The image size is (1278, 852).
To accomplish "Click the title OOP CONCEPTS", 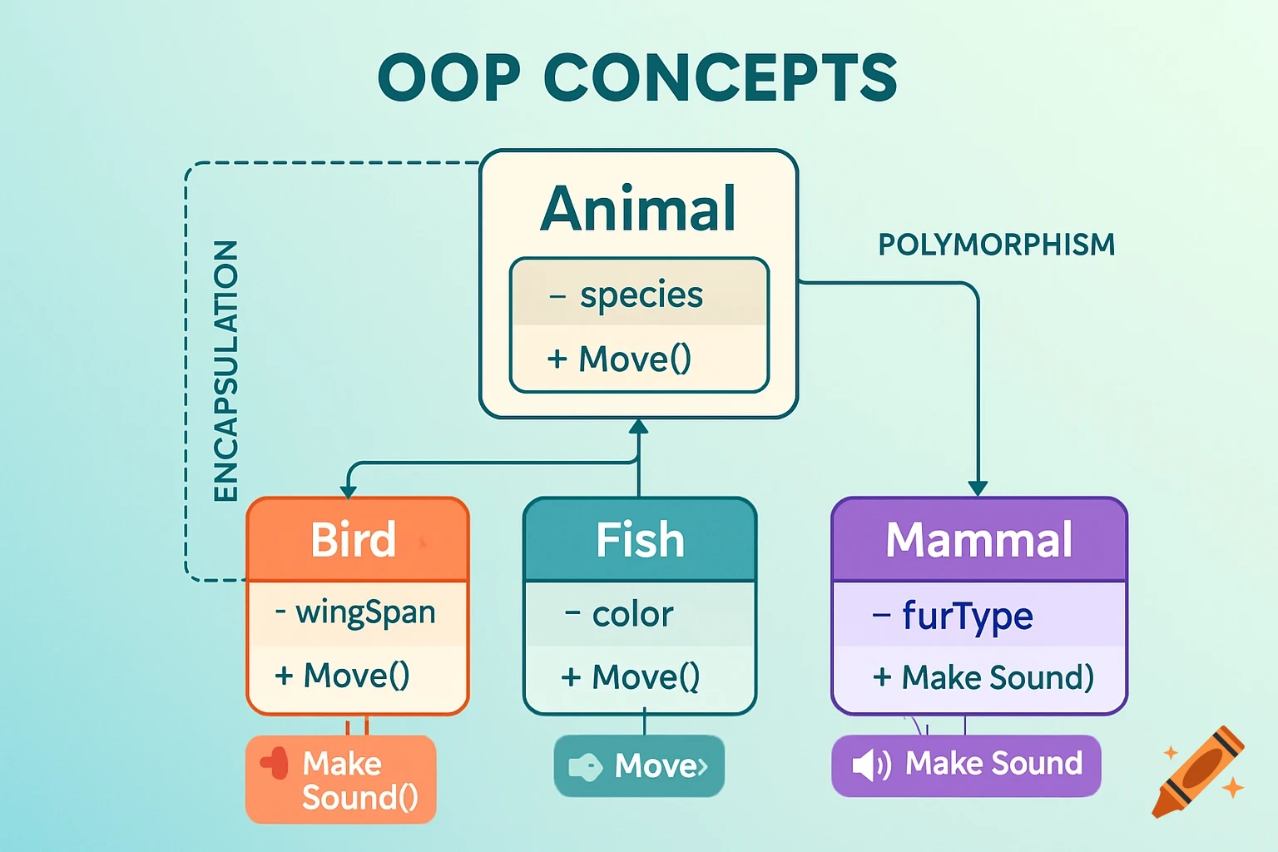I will coord(637,77).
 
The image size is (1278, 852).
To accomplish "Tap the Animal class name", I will coord(638,209).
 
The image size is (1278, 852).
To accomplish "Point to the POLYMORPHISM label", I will coord(996,245).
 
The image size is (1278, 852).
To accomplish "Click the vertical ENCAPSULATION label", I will coord(225,371).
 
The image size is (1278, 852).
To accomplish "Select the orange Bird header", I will coord(358,539).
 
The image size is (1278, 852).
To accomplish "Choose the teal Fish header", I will coord(639,540).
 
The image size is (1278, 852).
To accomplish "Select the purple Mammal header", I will coord(979,540).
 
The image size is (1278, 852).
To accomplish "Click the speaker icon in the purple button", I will coord(870,765).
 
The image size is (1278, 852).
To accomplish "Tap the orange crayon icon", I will coord(1198,772).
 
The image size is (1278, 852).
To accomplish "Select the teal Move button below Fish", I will coord(639,765).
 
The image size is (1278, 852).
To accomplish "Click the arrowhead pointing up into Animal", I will coord(638,427).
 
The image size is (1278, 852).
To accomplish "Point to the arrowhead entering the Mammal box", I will coord(978,488).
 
